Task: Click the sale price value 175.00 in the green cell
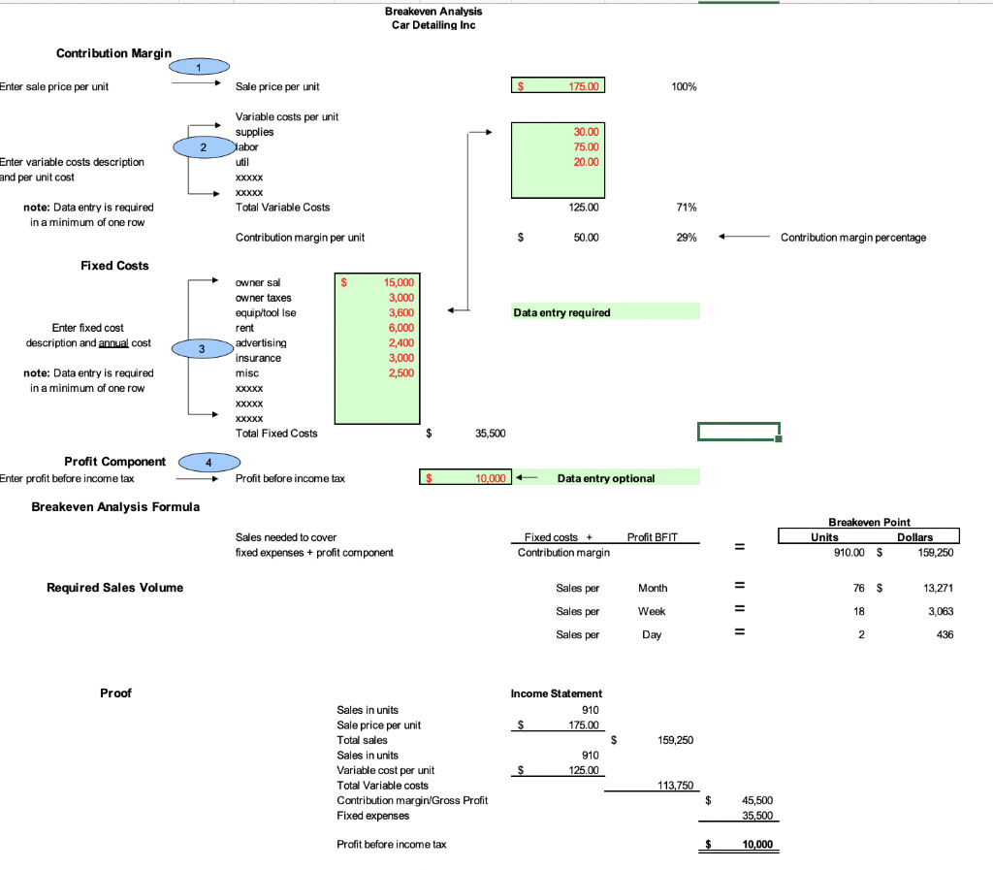coord(585,86)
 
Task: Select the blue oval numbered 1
coord(199,66)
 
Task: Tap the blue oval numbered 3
coord(202,347)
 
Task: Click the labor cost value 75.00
coord(587,146)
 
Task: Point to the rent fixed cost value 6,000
coord(400,328)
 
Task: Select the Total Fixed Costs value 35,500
coord(489,433)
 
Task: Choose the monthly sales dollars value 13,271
coord(935,588)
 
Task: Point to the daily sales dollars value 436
coord(944,634)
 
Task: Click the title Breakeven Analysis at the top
coord(432,11)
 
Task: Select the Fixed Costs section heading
coord(114,265)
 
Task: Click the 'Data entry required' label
coord(561,312)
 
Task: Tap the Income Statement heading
coord(557,693)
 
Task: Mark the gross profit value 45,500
coord(756,800)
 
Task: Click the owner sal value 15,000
coord(399,282)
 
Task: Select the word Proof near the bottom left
coord(115,693)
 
